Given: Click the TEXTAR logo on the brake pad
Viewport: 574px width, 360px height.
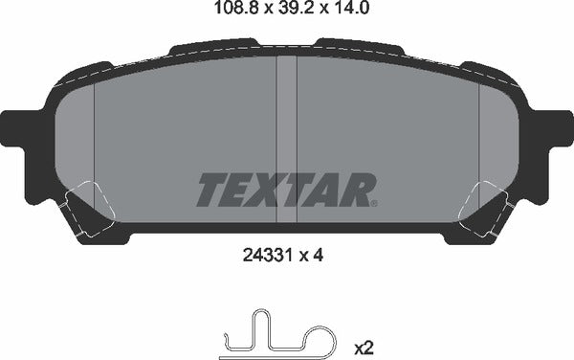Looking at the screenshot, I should tap(285, 189).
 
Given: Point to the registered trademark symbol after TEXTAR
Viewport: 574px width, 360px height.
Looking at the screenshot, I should tap(373, 203).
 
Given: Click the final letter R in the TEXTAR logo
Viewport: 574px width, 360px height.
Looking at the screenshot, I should tap(355, 189).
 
